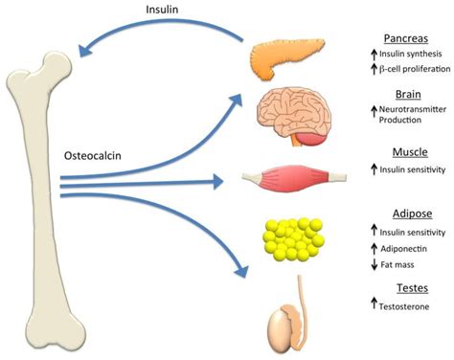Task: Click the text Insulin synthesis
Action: click(407, 55)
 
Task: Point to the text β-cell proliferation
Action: click(411, 70)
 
